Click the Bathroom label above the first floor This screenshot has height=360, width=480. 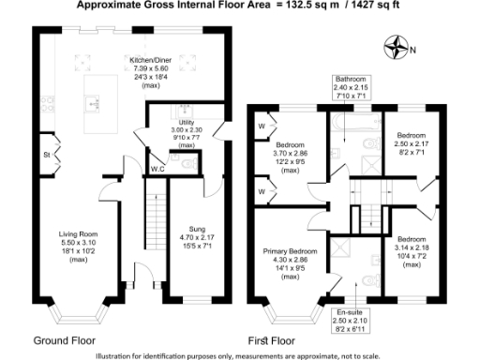tap(353, 80)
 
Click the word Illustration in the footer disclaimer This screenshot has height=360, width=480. tap(117, 354)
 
